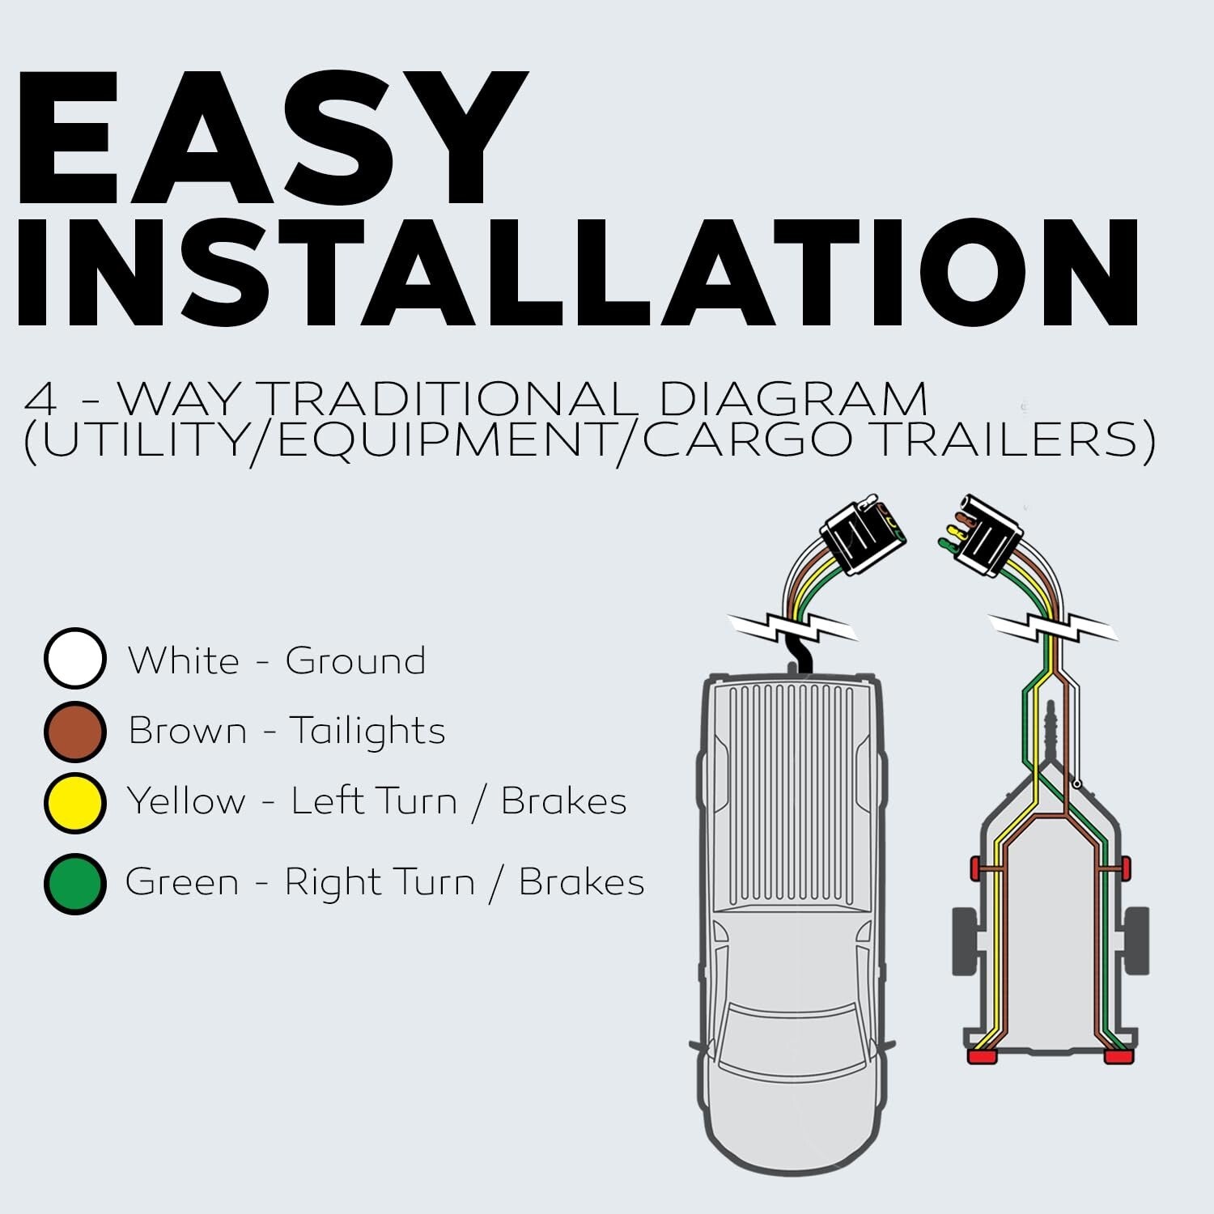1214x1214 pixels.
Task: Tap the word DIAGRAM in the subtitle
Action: [792, 399]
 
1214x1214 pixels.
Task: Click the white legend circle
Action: [74, 659]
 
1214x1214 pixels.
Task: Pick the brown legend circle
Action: [74, 731]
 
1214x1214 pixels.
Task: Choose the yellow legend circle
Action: [74, 802]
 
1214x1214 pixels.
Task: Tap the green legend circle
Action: [74, 883]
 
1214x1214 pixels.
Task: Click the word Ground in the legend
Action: [355, 661]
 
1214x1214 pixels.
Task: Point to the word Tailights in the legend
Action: [367, 732]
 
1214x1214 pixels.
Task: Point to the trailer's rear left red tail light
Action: [982, 1057]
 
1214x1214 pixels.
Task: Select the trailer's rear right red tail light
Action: [1119, 1057]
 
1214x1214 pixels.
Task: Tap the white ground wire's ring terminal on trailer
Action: [1077, 783]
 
